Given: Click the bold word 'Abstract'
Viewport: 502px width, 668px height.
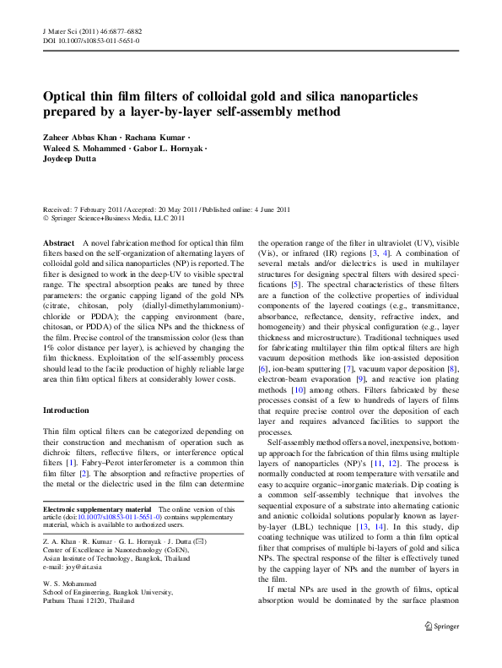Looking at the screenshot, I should click(57, 241).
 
